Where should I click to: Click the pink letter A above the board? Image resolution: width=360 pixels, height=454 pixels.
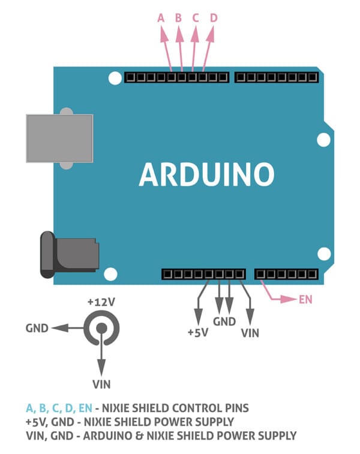tap(160, 18)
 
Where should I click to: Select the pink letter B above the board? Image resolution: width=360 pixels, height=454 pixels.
tap(178, 18)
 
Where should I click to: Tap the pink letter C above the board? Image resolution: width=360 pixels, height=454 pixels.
tap(195, 18)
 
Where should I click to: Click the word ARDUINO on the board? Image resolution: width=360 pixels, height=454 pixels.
tap(206, 175)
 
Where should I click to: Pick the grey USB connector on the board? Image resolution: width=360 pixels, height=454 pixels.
tap(59, 138)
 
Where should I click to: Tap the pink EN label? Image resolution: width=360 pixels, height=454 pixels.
tap(305, 299)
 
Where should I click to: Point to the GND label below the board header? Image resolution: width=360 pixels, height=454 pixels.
tap(224, 321)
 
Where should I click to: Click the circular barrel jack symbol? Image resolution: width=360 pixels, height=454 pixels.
tap(101, 328)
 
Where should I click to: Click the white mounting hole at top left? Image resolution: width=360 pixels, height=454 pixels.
tap(114, 78)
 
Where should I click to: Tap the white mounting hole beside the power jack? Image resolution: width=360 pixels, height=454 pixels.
tap(110, 275)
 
